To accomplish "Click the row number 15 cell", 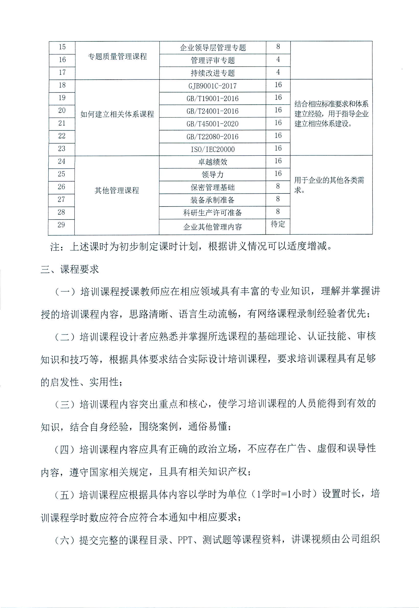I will (x=62, y=47).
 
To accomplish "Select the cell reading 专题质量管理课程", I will (x=117, y=56).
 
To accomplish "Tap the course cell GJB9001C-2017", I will (x=212, y=86).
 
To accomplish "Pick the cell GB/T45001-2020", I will (x=212, y=124).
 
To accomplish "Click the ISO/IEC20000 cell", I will (x=212, y=149).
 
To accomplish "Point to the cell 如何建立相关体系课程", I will (x=117, y=114).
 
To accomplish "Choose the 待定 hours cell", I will (x=278, y=224).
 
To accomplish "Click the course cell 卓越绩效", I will (x=212, y=162).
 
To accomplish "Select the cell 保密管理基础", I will (x=212, y=187).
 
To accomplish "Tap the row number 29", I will (x=61, y=225).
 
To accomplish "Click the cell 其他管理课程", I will (x=117, y=190).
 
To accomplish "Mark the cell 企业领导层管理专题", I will (x=213, y=48).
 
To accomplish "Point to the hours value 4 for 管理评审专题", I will (x=278, y=59).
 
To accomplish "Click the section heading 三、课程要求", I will (x=70, y=269).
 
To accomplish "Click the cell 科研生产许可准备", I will (x=212, y=213).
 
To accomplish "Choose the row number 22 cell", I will (x=62, y=136).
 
